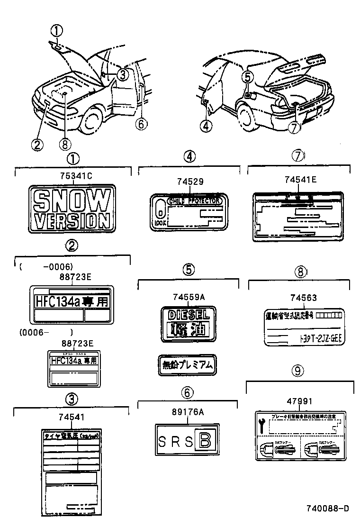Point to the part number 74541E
point(301,180)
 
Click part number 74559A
point(188,297)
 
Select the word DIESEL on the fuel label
point(188,314)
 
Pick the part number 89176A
point(188,412)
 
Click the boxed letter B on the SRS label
point(205,441)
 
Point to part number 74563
point(301,298)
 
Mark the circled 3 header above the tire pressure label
point(71,400)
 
